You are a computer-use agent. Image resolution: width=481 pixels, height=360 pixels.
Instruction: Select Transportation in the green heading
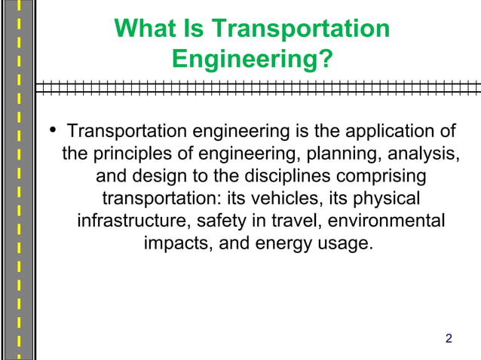pos(301,29)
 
